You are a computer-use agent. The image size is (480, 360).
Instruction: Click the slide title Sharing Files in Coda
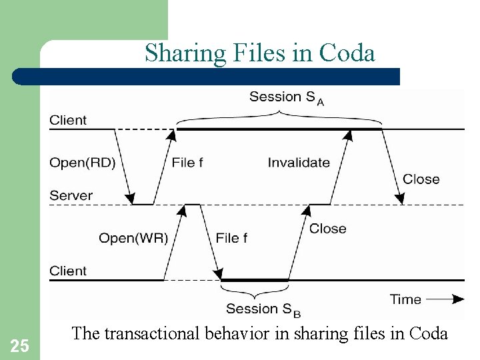[260, 53]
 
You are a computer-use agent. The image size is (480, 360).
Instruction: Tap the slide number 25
[20, 345]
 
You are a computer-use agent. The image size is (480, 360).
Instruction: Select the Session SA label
[287, 97]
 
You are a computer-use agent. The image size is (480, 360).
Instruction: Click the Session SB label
[263, 309]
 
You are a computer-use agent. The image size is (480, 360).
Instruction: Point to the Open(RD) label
[82, 162]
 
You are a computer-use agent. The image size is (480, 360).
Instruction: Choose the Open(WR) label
[133, 238]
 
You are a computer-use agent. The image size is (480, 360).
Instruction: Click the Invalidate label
[299, 162]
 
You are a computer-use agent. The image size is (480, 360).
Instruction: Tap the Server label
[71, 195]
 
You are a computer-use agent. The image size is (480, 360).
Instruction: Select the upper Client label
[68, 120]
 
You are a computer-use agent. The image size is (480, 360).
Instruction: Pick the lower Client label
[68, 271]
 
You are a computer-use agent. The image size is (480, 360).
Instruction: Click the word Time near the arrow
[405, 299]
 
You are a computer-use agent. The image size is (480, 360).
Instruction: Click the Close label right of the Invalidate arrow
[421, 179]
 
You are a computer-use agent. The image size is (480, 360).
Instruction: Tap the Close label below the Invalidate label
[327, 228]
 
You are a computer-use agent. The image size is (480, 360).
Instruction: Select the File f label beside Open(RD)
[187, 162]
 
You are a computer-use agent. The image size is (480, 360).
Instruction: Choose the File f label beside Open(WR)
[233, 238]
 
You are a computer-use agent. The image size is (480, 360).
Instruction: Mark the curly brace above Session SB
[255, 293]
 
